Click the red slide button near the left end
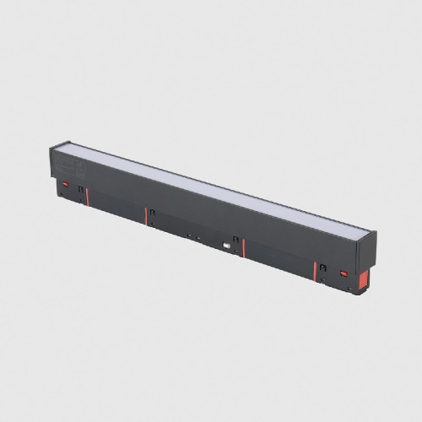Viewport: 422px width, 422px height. pos(64,183)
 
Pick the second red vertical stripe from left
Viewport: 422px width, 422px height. pos(145,216)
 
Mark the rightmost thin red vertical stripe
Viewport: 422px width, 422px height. pos(315,273)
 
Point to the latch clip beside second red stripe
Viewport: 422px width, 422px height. pos(151,212)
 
